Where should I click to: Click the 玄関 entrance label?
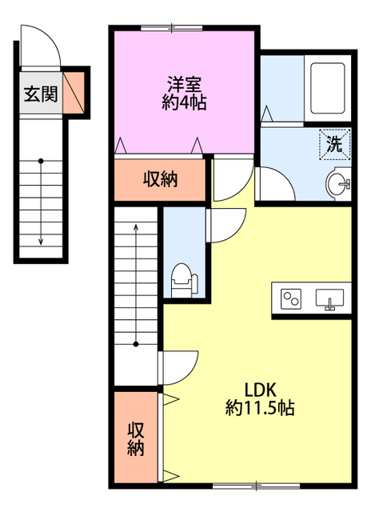point(40,94)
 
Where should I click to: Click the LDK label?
point(260,390)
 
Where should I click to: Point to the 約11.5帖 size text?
point(260,409)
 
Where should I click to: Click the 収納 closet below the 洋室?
point(160,178)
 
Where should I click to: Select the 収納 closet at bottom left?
point(136,438)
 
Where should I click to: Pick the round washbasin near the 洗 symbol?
point(338,184)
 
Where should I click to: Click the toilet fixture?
point(182,279)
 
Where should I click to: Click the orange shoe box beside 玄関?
point(74,91)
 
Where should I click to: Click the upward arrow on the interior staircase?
point(136,240)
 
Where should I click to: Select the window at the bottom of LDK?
point(256,485)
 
